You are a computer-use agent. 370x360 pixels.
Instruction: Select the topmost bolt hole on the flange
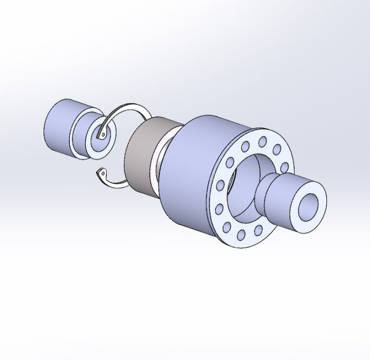pos(262,139)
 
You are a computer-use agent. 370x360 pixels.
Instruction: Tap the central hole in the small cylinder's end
pos(99,136)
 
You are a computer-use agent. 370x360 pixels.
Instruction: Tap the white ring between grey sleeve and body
pos(161,162)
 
